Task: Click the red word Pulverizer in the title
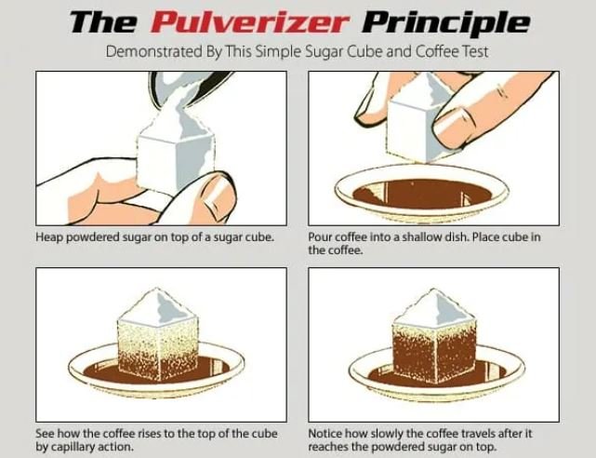(x=271, y=21)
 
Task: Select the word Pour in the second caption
(x=321, y=237)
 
